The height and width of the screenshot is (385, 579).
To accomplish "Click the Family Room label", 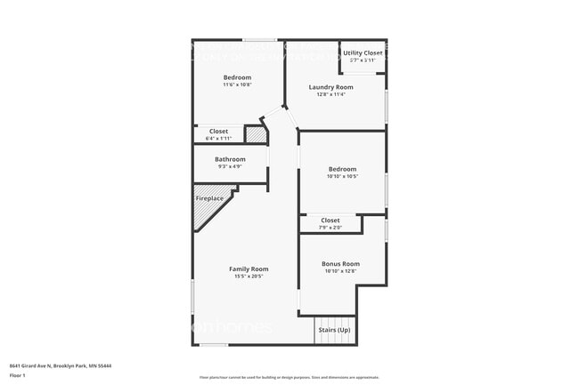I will [x=249, y=269].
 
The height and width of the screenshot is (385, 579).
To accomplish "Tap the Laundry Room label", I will [x=330, y=87].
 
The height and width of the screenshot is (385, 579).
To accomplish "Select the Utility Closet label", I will [x=363, y=53].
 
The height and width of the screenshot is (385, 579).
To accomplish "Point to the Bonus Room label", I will [x=341, y=263].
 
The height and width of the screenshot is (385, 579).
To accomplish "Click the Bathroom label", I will [x=230, y=159].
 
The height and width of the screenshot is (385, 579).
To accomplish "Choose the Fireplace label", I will [x=209, y=198].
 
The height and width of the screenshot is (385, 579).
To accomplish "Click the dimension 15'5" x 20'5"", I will [x=249, y=277].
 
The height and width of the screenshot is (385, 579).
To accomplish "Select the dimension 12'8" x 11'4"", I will [x=330, y=95].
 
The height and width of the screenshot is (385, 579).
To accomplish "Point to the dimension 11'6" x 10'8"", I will [x=237, y=85].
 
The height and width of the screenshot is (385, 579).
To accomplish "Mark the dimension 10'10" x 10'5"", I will [x=342, y=176].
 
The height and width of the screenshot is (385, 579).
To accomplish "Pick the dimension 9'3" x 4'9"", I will [x=230, y=167].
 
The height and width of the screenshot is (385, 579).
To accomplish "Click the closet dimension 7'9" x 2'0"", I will [x=330, y=228].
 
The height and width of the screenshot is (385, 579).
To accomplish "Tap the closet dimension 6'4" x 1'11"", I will [x=217, y=139].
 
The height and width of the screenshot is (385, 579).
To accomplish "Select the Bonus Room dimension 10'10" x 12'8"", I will [x=341, y=271].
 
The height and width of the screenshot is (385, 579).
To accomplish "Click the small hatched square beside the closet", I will [x=256, y=135].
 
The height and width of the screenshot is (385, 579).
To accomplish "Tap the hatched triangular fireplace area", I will [x=207, y=213].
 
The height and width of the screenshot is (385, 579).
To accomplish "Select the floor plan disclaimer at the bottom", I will [x=289, y=378].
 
